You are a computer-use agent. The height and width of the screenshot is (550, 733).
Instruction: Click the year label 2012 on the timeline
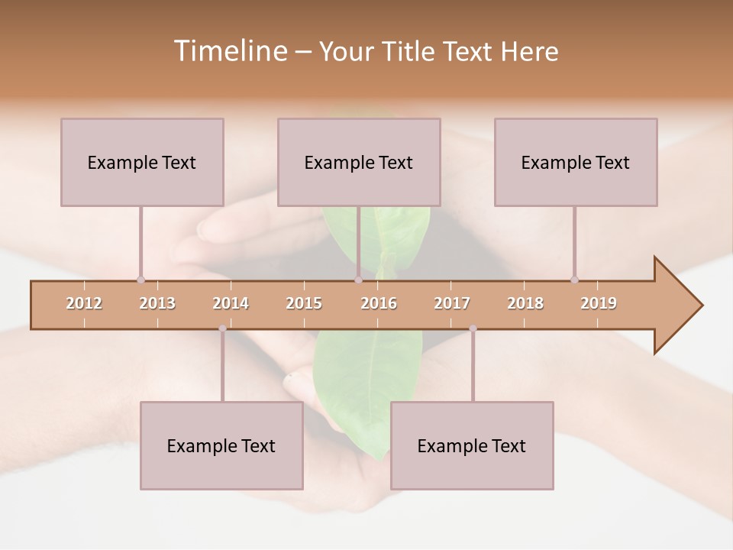point(84,303)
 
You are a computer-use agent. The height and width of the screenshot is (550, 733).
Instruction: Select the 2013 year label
point(157,303)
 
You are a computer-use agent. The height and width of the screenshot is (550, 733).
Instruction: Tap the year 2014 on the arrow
point(231,303)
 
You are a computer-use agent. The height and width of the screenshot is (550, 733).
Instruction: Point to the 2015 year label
point(304,303)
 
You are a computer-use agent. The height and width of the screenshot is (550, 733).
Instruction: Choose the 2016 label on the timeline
point(379,303)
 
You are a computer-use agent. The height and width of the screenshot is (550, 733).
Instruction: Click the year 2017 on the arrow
point(452,303)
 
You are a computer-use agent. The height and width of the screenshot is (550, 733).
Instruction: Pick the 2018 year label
point(525,303)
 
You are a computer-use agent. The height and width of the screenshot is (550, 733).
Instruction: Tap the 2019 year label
point(599,303)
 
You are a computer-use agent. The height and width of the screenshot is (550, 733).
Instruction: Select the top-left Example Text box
point(142,162)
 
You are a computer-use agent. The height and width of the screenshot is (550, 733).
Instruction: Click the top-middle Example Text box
point(359,162)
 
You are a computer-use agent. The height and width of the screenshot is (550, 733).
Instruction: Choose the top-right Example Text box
point(576,162)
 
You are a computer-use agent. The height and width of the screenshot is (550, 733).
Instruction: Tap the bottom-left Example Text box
point(221,445)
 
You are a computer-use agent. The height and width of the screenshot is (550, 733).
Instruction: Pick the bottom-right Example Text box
point(472,445)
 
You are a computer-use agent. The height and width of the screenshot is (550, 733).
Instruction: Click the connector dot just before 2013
point(140,280)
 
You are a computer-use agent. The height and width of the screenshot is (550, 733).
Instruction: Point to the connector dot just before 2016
point(358,280)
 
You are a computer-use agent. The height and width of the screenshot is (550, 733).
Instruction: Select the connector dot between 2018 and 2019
point(574,280)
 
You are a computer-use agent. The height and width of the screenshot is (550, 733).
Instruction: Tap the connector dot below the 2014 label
point(222,328)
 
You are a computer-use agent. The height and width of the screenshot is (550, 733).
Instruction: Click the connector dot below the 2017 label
point(473,328)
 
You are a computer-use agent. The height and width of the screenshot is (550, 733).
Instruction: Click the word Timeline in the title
point(229,51)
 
